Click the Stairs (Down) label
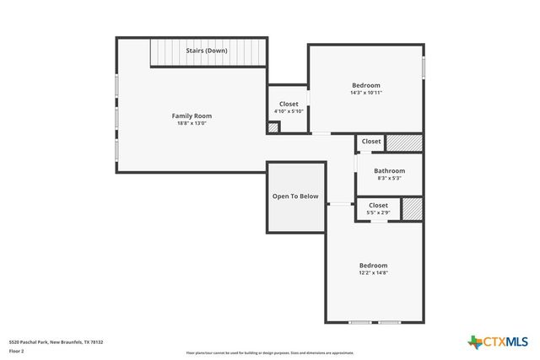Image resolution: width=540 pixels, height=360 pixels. (207, 51)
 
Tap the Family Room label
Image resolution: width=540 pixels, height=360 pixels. (192, 116)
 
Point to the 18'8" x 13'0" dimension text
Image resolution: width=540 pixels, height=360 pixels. (192, 123)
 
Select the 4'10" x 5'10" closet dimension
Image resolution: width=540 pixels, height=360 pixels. (289, 111)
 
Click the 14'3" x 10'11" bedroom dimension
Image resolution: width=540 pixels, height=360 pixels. (366, 93)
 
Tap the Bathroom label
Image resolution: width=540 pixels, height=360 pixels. (390, 170)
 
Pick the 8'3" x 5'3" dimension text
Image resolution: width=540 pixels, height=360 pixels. (390, 178)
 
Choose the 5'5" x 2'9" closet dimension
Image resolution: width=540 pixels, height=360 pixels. (378, 212)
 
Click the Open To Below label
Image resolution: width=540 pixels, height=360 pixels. (295, 196)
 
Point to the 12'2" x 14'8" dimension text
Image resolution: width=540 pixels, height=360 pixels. (374, 272)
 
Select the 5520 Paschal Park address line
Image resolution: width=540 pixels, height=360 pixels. (56, 342)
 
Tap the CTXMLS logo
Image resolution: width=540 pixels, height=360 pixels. (499, 341)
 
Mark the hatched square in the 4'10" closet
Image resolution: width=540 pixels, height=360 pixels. (273, 128)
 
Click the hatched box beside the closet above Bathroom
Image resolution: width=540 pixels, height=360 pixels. (404, 142)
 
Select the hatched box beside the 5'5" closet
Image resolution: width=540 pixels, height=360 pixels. (412, 208)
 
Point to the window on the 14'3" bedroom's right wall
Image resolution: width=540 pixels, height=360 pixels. (423, 67)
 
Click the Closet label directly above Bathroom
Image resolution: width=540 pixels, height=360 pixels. (371, 142)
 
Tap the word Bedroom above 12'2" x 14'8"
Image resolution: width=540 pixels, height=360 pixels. (374, 265)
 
